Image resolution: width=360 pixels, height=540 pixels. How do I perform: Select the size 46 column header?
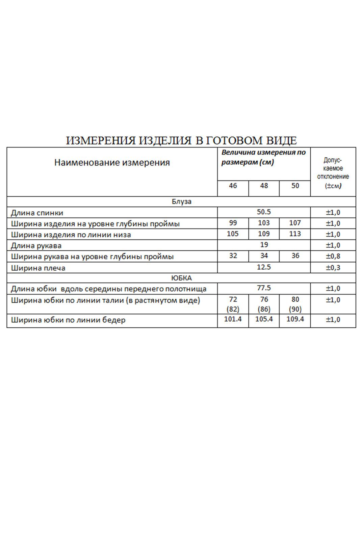[x=233, y=186]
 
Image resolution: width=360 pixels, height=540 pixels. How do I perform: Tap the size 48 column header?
[x=264, y=186]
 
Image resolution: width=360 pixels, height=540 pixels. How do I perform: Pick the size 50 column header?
[x=295, y=186]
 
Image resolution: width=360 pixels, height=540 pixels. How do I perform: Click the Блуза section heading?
[x=181, y=201]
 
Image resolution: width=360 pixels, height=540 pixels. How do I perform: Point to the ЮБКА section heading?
[x=181, y=278]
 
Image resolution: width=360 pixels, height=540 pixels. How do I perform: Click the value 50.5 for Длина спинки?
[x=264, y=212]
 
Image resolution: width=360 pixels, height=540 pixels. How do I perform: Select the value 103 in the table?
[x=264, y=223]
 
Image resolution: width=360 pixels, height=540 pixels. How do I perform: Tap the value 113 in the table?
[x=295, y=234]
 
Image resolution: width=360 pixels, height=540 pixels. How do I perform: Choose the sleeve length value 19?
[x=264, y=245]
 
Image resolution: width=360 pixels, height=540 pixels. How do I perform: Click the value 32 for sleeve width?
[x=233, y=256]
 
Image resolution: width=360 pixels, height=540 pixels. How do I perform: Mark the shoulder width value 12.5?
[x=264, y=267]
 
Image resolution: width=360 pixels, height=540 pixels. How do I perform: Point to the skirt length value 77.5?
[x=264, y=288]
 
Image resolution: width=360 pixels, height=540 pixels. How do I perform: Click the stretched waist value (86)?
[x=264, y=309]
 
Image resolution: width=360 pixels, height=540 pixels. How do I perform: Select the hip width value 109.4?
[x=295, y=319]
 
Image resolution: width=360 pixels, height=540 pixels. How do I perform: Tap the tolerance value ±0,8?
[x=333, y=256]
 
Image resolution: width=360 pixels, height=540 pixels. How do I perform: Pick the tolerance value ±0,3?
[x=333, y=268]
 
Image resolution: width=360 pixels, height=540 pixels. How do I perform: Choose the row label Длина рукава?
[x=36, y=245]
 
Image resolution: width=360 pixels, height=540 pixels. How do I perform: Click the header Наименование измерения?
[x=112, y=163]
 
